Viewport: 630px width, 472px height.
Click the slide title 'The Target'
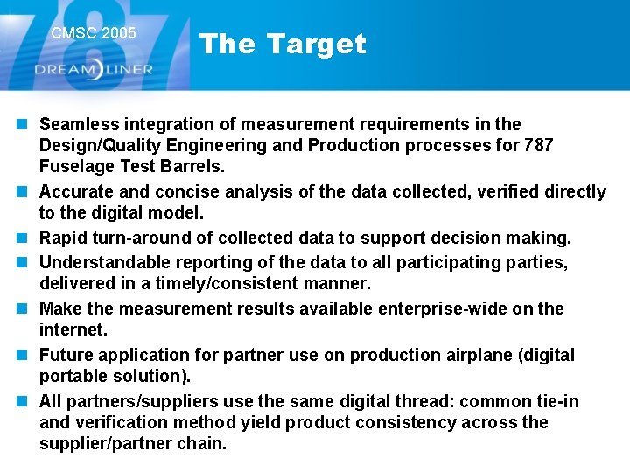(x=282, y=44)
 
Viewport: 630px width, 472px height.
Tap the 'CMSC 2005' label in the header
(x=94, y=33)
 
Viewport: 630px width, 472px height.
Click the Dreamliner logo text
(x=94, y=69)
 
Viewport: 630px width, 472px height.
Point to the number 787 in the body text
(x=538, y=145)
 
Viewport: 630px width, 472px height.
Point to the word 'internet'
(x=72, y=330)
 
